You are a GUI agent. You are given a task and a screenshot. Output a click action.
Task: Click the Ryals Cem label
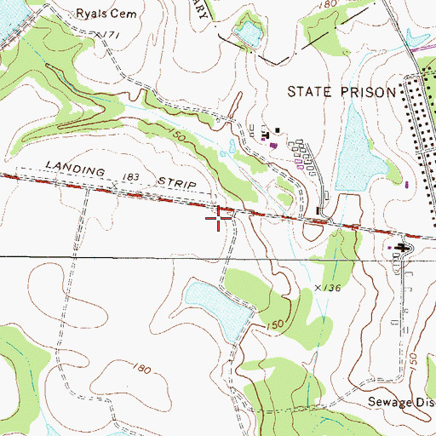(106, 14)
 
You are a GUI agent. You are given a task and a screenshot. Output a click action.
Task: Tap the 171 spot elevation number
(106, 32)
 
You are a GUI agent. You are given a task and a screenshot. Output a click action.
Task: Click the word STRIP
(176, 182)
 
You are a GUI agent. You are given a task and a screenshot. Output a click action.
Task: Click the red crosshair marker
(220, 219)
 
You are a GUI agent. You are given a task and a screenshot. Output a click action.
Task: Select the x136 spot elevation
(327, 289)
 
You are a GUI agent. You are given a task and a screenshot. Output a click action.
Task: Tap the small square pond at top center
(248, 34)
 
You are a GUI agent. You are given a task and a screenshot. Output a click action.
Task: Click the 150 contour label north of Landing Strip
(175, 136)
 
